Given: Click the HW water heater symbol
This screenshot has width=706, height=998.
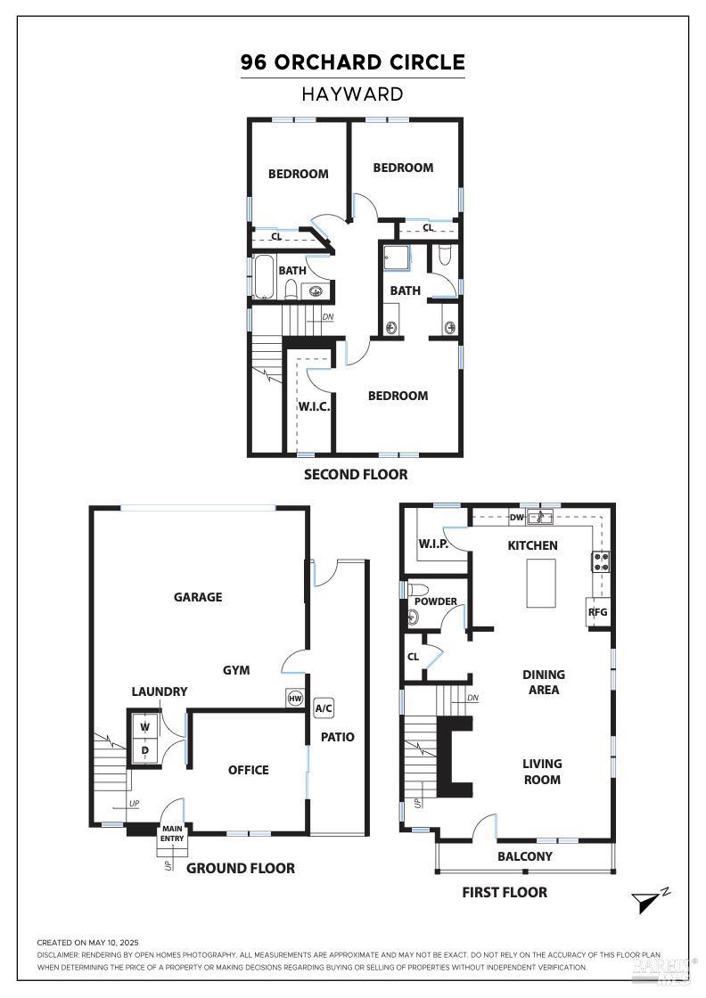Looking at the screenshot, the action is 295,699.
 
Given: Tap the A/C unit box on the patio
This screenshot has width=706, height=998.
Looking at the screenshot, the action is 324,708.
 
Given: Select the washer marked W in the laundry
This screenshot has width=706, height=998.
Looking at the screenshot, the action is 145,727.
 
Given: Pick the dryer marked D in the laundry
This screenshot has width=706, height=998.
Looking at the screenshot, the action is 145,749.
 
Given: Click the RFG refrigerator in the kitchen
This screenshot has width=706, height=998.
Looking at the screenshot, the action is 598,612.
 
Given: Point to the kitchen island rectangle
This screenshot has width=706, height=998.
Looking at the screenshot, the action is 541,583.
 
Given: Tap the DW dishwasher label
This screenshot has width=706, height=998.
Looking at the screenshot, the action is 516,518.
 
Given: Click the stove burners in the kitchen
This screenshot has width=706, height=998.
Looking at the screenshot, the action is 601,561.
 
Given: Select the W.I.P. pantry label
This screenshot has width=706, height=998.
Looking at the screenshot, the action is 433,544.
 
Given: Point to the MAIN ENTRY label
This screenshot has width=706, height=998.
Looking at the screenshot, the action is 172,834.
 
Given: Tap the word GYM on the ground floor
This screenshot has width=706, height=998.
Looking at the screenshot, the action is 236,670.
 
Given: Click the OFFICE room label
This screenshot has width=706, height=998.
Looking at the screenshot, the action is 249,770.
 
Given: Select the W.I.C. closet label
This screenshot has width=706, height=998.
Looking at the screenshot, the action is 314,406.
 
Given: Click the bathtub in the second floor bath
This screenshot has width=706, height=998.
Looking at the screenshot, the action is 264,277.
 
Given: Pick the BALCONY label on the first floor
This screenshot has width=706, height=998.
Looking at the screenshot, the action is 524,856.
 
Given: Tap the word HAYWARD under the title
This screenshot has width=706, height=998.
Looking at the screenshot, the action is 352,94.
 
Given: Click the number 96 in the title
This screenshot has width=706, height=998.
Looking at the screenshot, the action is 253,62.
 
